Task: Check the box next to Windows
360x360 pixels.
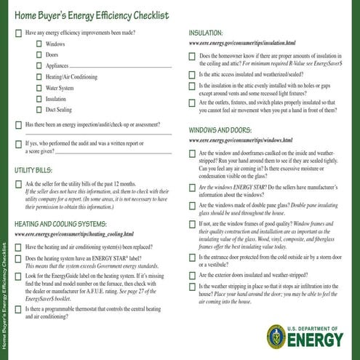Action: pos(39,44)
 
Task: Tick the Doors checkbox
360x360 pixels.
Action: pos(39,55)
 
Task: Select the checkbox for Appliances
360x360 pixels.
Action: pos(39,65)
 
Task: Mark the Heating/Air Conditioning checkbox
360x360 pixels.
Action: pos(39,76)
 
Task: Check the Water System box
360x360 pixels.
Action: pos(39,87)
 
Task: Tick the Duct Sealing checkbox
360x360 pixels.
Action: pos(39,109)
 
